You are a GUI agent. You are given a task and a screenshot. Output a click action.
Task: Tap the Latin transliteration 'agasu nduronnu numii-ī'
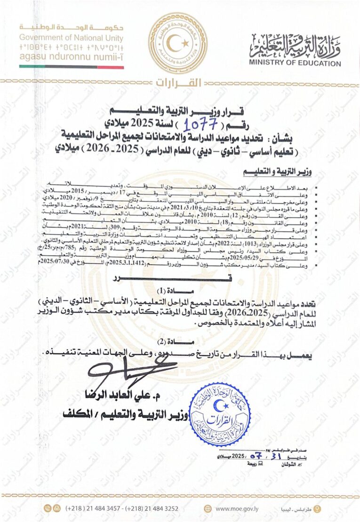coord(72,56)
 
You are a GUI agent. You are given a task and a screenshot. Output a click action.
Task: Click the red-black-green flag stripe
coord(72,67)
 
